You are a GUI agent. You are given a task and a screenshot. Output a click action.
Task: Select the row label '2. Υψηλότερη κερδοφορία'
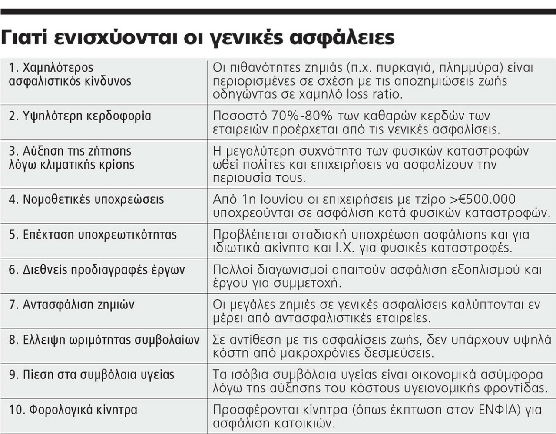pos(80,116)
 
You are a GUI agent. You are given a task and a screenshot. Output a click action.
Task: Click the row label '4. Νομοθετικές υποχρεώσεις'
pos(86,200)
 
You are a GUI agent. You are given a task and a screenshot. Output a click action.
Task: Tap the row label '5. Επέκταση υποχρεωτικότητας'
pos(93,235)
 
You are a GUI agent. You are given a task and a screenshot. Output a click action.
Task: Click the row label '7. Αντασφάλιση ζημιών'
pos(72,305)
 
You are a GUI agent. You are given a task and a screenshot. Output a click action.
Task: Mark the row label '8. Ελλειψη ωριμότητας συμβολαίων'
pos(104,340)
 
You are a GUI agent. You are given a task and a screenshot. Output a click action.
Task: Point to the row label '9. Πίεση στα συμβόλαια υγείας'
pos(92,374)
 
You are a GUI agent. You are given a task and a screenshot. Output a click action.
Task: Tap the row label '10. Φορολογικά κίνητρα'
pos(73,410)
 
